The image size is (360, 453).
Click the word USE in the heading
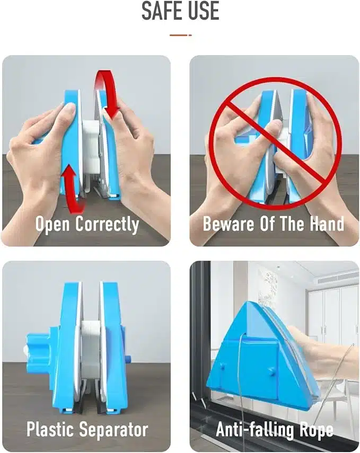[x=204, y=11]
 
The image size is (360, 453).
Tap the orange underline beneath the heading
[x=180, y=35]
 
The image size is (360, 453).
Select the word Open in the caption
[x=52, y=225]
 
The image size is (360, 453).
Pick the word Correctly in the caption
[x=107, y=225]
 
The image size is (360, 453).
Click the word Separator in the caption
[x=113, y=430]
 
